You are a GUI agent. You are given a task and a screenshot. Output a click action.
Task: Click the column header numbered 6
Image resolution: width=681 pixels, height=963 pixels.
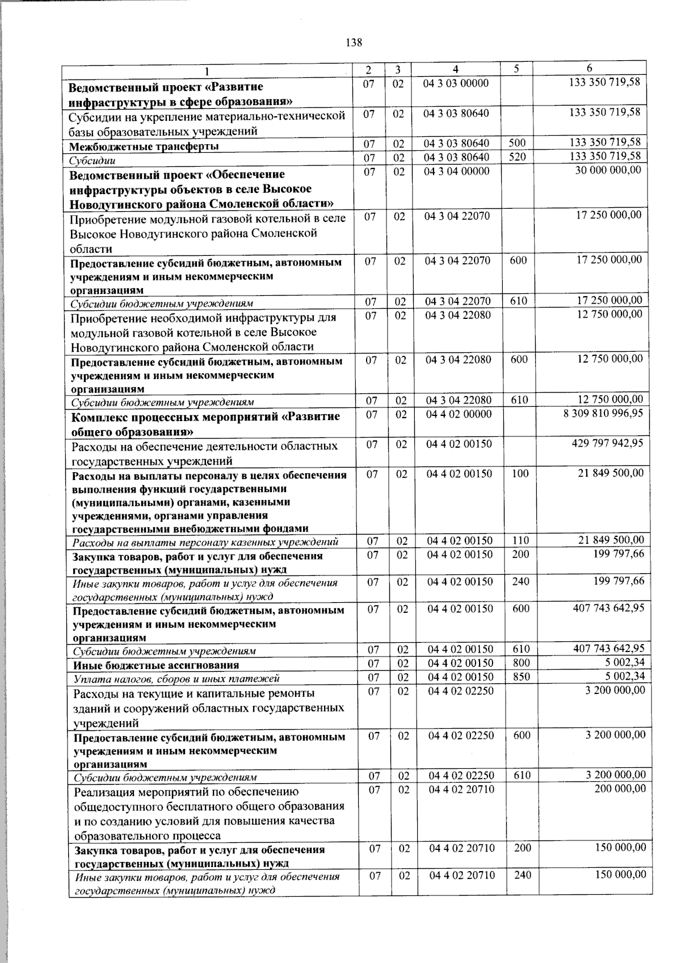[590, 69]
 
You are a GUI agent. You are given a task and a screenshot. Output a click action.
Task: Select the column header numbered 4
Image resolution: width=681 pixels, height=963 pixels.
[456, 69]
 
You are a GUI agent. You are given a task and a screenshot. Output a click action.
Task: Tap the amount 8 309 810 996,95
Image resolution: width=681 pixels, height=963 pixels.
[603, 413]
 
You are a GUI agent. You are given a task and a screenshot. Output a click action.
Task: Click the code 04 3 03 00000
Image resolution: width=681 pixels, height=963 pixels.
[456, 83]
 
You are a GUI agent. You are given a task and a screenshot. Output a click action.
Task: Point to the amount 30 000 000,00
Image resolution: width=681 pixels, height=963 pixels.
[608, 170]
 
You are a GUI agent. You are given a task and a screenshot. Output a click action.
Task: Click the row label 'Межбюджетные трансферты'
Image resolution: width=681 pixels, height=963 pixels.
[144, 146]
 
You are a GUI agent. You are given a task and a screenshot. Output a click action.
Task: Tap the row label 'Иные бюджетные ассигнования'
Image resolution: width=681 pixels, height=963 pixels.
[156, 665]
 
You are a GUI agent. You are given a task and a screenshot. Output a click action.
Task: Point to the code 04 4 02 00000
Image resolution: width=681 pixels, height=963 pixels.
[459, 415]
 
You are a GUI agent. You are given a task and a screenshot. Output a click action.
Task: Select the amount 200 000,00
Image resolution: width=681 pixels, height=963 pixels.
[619, 788]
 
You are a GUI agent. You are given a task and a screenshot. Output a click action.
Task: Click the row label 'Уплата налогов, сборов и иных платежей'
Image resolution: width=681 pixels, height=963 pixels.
[176, 678]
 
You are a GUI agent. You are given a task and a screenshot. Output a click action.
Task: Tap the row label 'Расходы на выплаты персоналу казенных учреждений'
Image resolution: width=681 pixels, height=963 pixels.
[205, 543]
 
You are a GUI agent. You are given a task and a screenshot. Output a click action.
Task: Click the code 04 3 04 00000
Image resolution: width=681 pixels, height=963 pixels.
[456, 171]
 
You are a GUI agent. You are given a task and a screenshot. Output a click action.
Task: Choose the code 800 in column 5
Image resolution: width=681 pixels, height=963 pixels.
[521, 663]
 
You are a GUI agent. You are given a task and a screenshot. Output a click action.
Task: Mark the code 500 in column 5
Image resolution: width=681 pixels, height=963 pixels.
[517, 142]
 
